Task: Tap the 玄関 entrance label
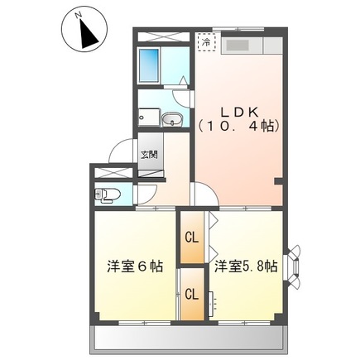point(148,155)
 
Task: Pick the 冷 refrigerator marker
point(204,40)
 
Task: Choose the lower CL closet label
point(191,294)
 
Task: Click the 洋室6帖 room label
point(134,266)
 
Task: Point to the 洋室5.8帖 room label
point(246,266)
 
